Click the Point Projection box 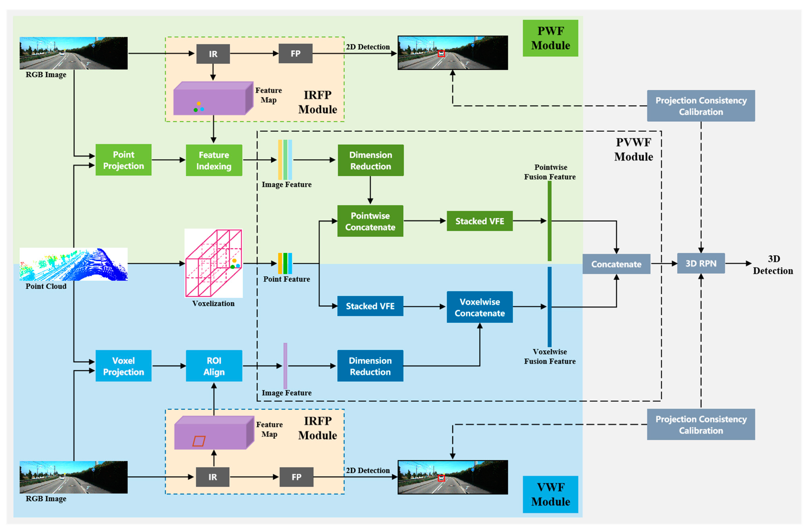123,160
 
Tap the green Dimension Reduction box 370,160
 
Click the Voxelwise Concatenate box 479,307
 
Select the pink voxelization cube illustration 213,263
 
